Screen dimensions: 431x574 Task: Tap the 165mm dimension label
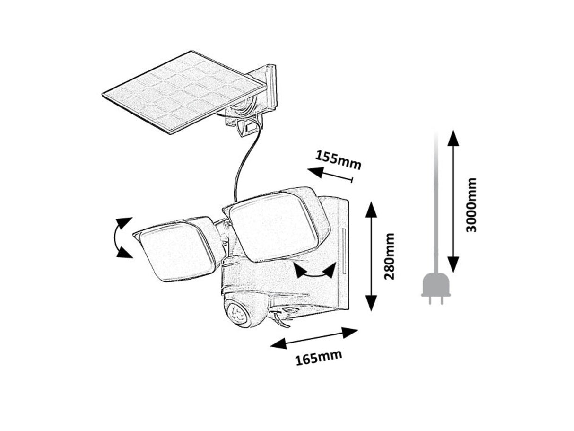(x=319, y=358)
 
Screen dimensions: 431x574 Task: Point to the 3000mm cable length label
(x=471, y=204)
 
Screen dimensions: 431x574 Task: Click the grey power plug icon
(x=435, y=287)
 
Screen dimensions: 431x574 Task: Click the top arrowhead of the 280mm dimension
(x=372, y=209)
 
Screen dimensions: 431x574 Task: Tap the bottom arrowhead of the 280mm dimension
(x=372, y=303)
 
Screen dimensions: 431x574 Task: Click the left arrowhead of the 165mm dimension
(x=278, y=344)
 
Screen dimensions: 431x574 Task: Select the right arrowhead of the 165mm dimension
(x=349, y=331)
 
